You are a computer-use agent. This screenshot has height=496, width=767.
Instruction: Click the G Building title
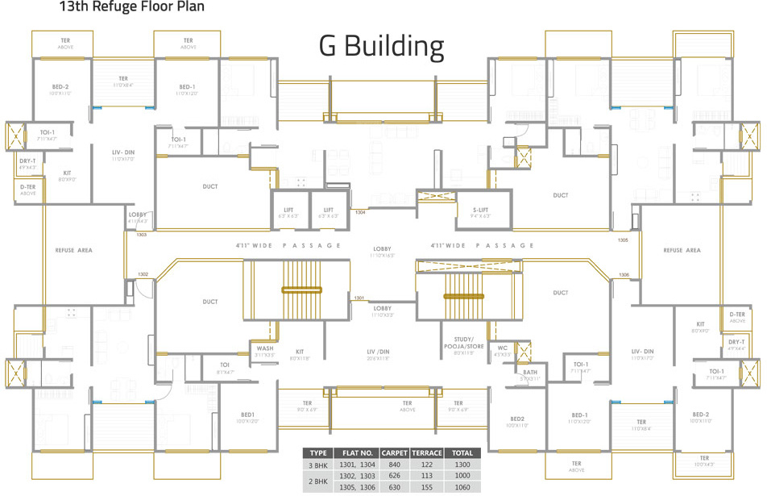(381, 46)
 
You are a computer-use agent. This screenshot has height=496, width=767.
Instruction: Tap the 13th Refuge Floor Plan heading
(131, 7)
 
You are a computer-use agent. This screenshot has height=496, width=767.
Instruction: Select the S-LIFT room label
(480, 210)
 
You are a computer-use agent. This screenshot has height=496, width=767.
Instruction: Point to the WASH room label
(264, 349)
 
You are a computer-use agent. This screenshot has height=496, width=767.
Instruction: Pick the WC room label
(502, 348)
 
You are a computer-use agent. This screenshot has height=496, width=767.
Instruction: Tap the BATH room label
(529, 373)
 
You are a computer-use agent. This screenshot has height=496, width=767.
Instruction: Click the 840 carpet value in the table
(395, 465)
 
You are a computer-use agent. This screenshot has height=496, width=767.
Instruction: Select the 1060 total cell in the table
(462, 487)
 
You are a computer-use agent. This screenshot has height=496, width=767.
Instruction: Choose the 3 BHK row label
(318, 465)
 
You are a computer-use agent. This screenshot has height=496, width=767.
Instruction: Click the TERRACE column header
(426, 453)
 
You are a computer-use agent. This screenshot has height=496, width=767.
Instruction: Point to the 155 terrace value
(426, 487)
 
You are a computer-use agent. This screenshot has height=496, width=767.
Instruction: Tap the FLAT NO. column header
(355, 453)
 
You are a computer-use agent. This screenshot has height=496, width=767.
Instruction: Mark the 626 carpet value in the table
(395, 476)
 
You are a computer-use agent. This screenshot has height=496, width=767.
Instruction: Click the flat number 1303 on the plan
(141, 235)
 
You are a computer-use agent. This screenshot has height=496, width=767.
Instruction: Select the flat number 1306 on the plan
(624, 275)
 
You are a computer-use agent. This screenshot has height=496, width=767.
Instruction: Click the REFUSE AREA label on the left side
(74, 251)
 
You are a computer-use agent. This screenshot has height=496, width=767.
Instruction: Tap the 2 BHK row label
(318, 481)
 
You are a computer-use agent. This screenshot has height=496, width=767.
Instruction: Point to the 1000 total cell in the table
(462, 476)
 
